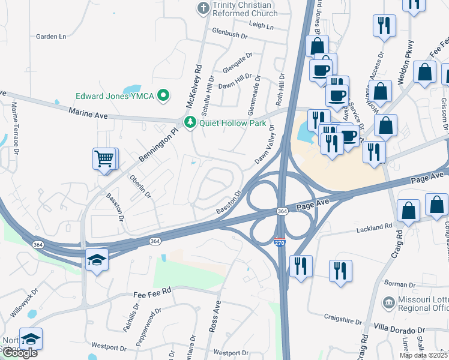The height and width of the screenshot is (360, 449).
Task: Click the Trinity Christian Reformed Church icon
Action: (202, 8)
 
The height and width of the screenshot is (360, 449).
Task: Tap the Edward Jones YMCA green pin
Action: (162, 96)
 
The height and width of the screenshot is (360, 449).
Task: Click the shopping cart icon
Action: (104, 159)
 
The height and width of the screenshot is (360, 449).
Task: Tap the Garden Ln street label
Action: (51, 37)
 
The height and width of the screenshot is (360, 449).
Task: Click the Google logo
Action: (20, 353)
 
